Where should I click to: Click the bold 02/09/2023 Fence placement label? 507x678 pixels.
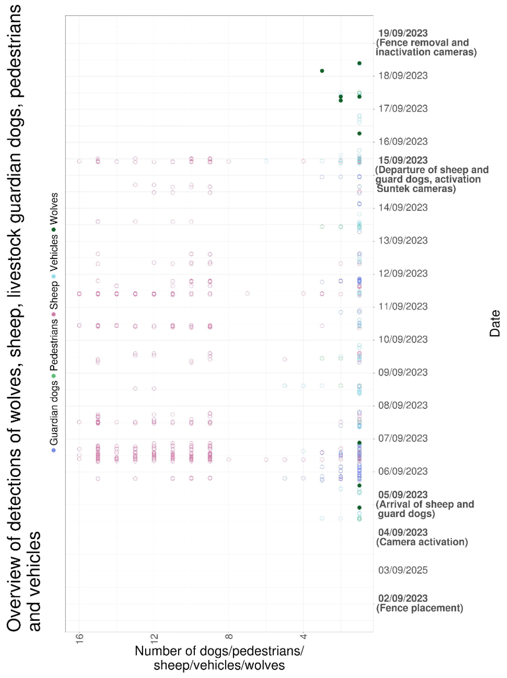tap(419, 603)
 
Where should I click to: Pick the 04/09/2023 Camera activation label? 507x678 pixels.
tap(422, 537)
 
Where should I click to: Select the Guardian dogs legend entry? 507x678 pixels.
tap(54, 415)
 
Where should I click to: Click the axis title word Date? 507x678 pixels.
tap(494, 323)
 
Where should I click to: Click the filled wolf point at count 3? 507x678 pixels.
tap(322, 71)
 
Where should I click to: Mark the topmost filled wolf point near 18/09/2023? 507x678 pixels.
tap(359, 63)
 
